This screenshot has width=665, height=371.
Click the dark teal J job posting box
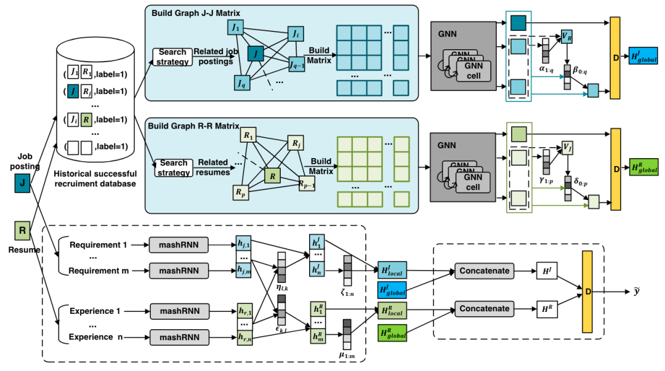(22, 183)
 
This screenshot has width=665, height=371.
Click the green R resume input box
(22, 231)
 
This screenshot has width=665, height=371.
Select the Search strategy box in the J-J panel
(172, 57)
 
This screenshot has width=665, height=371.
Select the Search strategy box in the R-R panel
(173, 167)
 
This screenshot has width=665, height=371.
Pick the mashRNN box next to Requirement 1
(179, 245)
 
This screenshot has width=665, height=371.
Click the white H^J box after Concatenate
(546, 270)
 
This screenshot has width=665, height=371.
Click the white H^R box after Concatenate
(546, 308)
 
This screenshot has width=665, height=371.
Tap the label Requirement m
(97, 271)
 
